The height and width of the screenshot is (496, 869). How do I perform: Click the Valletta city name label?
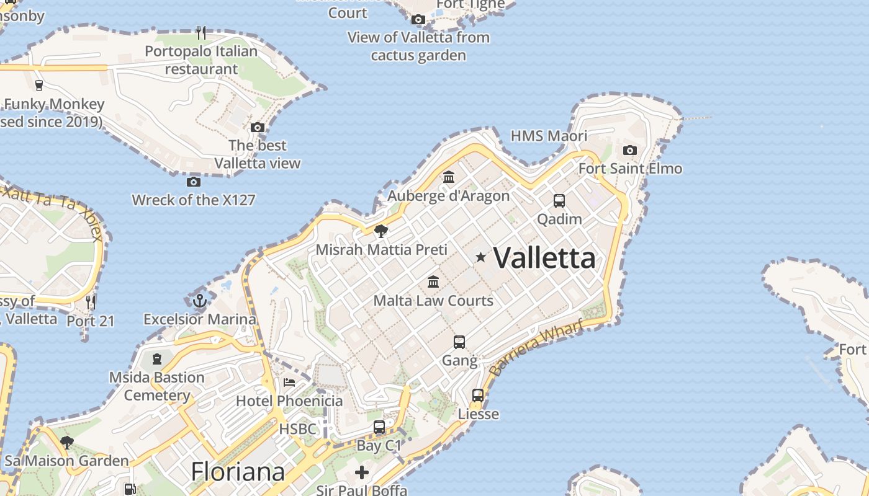coord(544,257)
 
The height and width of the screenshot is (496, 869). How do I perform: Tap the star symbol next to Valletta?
coord(480,257)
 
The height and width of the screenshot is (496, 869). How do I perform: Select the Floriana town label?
coord(238,472)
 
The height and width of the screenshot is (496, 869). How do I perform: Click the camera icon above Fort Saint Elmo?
coord(629,150)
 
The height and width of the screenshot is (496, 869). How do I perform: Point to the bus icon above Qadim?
coord(559,200)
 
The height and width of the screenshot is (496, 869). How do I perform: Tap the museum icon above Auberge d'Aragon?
coord(448,177)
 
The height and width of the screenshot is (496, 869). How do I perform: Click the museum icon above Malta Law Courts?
coord(433,282)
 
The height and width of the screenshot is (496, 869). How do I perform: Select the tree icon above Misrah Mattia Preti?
coord(381,231)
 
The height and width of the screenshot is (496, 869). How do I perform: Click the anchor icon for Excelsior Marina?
coord(200,301)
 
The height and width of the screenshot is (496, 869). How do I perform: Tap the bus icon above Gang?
coord(459,342)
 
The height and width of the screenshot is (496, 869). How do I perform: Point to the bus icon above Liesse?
coord(478,395)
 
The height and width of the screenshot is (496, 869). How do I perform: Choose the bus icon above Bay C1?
coord(379,427)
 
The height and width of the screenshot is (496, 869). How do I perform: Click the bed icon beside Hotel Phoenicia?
coord(289,382)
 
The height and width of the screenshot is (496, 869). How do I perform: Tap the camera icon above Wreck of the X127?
coord(194,182)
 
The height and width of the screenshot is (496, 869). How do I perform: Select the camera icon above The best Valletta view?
coord(258,127)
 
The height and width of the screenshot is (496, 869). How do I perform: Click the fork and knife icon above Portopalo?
coord(200,32)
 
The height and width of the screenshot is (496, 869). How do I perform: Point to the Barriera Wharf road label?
coord(536,347)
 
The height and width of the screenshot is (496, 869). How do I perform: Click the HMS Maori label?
coord(549,136)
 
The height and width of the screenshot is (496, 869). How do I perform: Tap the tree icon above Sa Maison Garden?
coord(67,442)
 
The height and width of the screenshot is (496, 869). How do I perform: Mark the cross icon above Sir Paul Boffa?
coord(362,472)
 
